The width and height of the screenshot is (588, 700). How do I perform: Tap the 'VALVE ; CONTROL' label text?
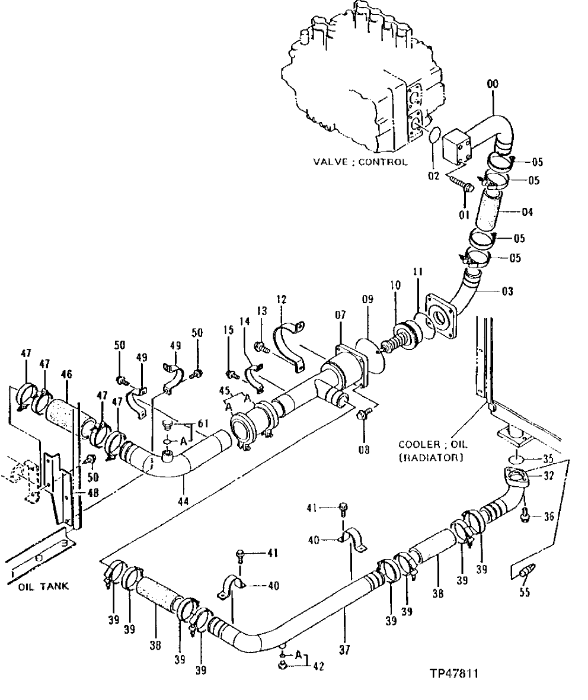pos(361,162)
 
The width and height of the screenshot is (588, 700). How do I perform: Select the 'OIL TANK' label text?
pos(43,586)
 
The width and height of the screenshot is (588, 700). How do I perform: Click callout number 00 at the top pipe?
pos(493,85)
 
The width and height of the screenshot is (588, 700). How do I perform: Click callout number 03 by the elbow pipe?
pos(507,291)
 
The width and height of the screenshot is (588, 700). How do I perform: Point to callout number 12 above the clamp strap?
pos(281,299)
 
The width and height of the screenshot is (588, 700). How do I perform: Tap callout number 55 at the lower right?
pos(525,591)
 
